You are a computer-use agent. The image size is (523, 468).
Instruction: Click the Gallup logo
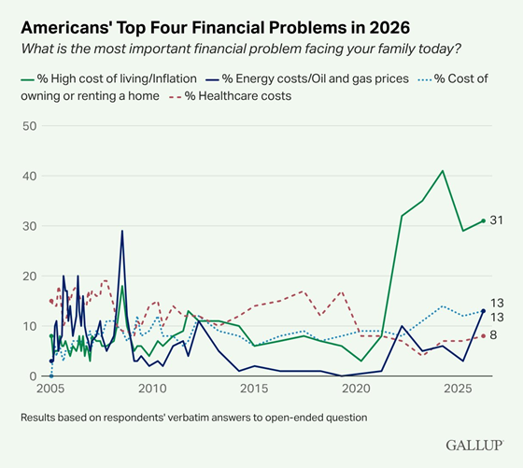[x=474, y=446]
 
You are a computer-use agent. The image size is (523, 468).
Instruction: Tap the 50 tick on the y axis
[x=29, y=126]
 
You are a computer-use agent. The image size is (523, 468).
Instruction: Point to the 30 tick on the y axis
[x=29, y=226]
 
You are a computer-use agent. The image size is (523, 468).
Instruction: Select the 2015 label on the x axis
[x=254, y=389]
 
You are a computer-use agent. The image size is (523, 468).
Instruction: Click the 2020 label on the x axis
[x=356, y=389]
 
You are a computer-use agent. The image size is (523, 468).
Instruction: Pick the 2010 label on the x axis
[x=152, y=389]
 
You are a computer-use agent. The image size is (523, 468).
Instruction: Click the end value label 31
[x=496, y=220]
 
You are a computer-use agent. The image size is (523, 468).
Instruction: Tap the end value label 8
[x=493, y=335]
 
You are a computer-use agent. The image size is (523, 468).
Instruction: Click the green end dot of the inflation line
[x=484, y=220]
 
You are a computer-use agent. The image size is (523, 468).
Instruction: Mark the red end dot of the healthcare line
[x=484, y=336]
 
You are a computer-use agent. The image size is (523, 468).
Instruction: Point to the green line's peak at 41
[x=443, y=171]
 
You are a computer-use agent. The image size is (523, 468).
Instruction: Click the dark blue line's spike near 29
[x=122, y=231]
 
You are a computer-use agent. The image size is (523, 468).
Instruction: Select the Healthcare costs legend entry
[x=230, y=96]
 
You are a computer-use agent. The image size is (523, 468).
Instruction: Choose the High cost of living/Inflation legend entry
[x=108, y=78]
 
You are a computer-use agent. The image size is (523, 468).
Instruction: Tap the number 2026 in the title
[x=389, y=27]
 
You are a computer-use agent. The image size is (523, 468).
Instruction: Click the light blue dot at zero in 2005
[x=51, y=376]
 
